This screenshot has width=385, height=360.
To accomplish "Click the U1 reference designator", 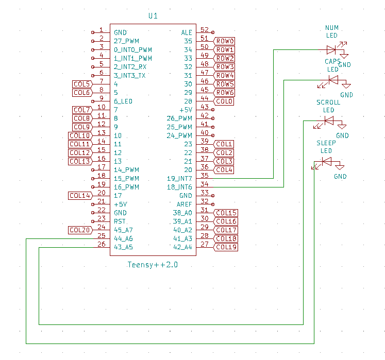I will click(x=153, y=16).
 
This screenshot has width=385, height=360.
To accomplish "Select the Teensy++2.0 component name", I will click(x=153, y=265).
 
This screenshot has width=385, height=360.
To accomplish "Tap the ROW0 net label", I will click(x=225, y=41).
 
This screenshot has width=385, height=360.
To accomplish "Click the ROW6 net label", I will click(x=225, y=93).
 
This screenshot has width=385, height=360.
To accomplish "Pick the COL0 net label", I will click(x=225, y=101).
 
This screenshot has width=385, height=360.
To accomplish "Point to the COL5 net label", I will click(x=82, y=84).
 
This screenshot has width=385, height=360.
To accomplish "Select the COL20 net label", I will click(x=80, y=230).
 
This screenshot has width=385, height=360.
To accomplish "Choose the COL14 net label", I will click(x=80, y=196).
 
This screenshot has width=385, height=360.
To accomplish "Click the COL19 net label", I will click(x=226, y=247).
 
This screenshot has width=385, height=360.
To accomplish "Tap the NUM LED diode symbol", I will click(x=332, y=50).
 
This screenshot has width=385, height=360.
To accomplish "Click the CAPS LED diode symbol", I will click(x=333, y=80).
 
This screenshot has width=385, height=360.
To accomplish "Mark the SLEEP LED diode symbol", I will click(x=326, y=162).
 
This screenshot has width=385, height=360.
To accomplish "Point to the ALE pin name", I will click(x=187, y=32).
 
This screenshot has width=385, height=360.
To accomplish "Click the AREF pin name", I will click(x=184, y=204).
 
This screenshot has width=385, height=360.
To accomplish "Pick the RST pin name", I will click(x=120, y=221).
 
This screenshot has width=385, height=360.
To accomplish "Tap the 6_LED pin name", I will click(x=123, y=101).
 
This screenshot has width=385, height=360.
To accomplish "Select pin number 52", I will click(x=204, y=30).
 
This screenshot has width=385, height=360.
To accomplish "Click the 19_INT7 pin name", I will click(x=179, y=179).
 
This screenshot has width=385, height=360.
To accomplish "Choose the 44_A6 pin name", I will click(x=123, y=238).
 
